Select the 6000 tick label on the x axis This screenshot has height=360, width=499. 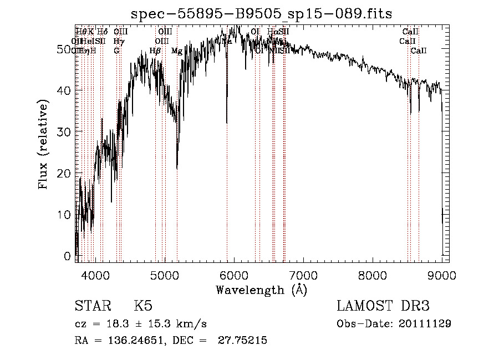[x=234, y=275]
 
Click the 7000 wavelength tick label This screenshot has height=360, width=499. [x=303, y=275]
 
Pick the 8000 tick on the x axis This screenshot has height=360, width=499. [x=373, y=275]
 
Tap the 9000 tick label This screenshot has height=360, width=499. [x=442, y=275]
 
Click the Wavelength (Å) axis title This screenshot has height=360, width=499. [x=261, y=290]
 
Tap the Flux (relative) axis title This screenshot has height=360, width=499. [x=43, y=144]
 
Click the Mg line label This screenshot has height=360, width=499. [x=177, y=51]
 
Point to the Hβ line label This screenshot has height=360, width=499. [x=155, y=51]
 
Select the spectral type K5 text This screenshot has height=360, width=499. [x=143, y=306]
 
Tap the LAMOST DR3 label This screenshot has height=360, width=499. [x=383, y=306]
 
